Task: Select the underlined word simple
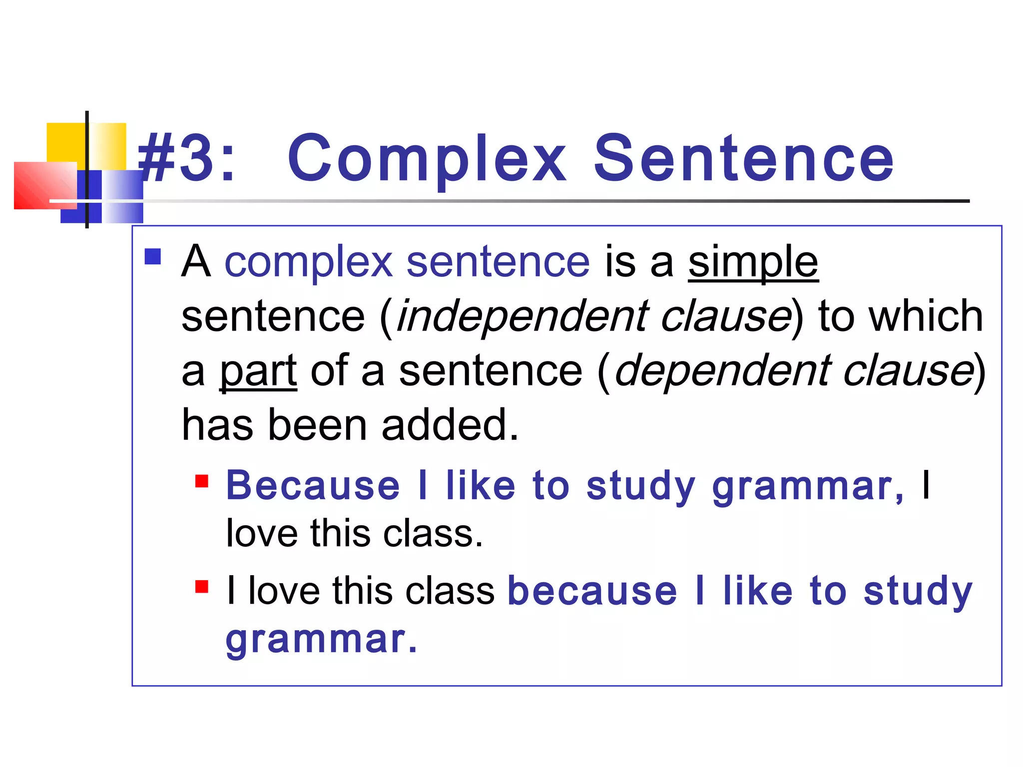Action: (x=753, y=263)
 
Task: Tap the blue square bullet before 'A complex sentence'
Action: (x=153, y=257)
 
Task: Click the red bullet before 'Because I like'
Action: (x=202, y=481)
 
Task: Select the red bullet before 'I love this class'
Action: (x=202, y=586)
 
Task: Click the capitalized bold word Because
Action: (x=313, y=486)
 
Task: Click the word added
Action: (x=450, y=425)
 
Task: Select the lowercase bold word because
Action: (x=592, y=591)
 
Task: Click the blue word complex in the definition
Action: (x=308, y=263)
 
